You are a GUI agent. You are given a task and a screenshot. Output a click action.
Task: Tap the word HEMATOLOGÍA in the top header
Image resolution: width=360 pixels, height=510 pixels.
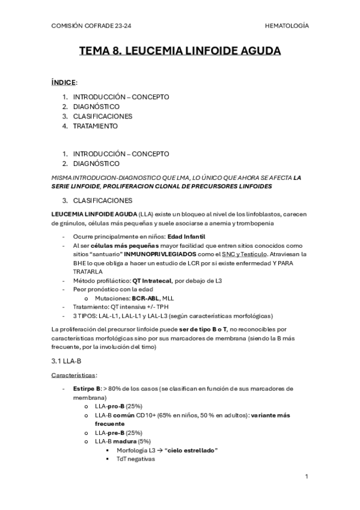click(287, 26)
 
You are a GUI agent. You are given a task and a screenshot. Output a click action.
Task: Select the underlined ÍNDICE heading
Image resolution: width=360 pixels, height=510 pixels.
click(64, 82)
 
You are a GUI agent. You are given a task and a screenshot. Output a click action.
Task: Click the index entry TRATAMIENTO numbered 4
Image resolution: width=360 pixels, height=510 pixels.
click(96, 126)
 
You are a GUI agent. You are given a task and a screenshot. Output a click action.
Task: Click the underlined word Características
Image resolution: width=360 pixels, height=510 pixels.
click(74, 375)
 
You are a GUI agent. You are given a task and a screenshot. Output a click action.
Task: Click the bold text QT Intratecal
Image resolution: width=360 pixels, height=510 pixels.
click(153, 280)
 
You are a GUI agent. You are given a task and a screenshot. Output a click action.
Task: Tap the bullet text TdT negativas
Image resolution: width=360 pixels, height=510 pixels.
click(136, 459)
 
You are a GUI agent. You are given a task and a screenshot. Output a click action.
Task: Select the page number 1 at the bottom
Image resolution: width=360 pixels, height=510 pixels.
click(306, 476)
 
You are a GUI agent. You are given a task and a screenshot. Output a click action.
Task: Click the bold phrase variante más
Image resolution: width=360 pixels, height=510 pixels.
click(273, 415)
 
